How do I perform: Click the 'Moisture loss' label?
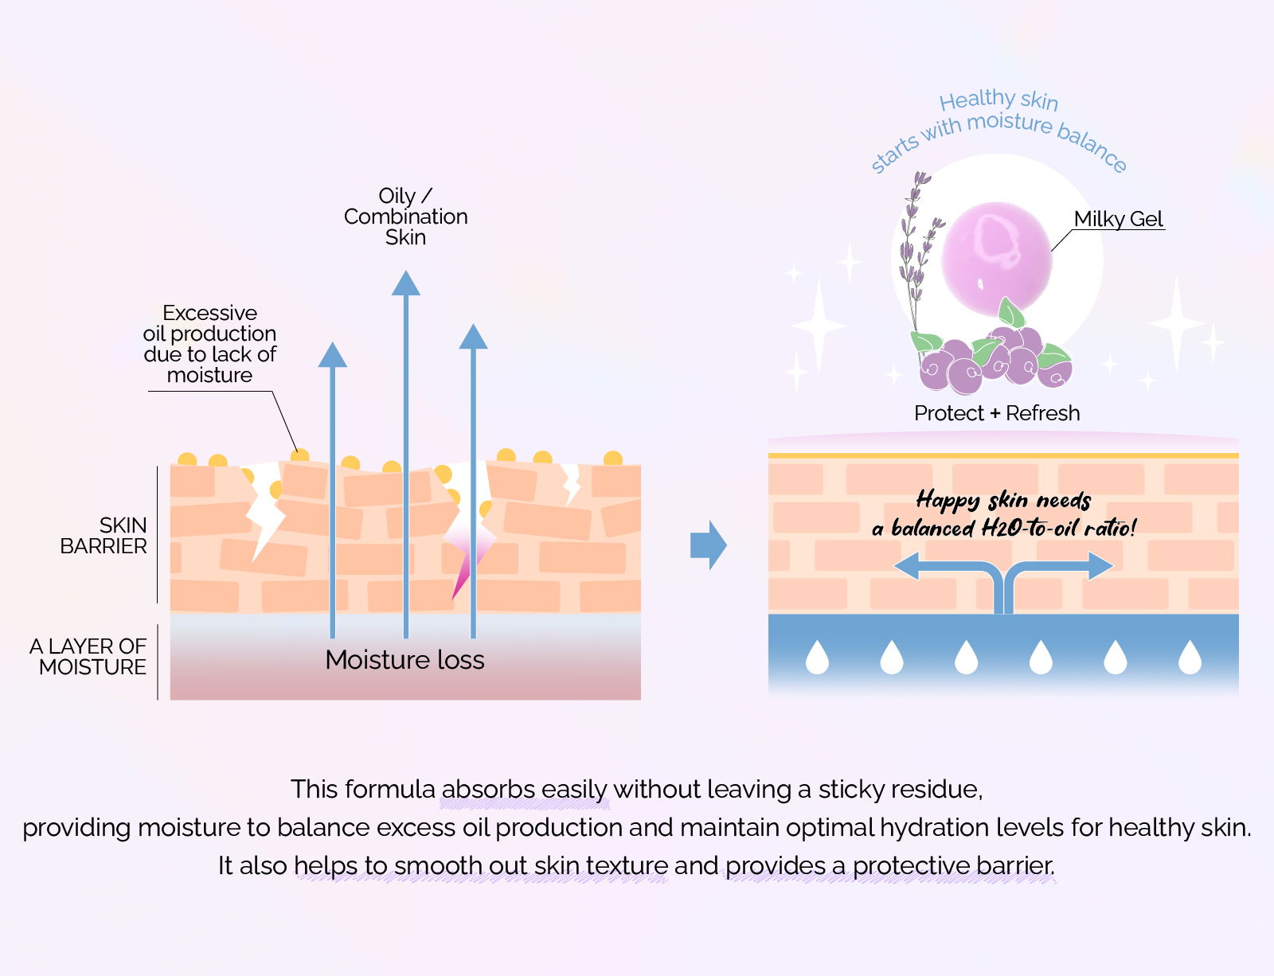[x=404, y=660]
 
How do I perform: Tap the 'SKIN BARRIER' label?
[x=104, y=535]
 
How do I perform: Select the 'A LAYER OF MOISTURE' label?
[x=88, y=657]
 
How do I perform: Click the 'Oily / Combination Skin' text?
[x=406, y=217]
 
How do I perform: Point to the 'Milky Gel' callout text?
[x=1118, y=219]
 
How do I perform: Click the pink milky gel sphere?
[x=997, y=258]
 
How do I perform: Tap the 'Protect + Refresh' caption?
[x=997, y=413]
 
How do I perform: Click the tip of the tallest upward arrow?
[x=406, y=271]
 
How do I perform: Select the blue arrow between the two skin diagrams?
[x=708, y=545]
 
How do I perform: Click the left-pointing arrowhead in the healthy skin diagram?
[x=906, y=566]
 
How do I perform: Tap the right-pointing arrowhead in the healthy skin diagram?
[x=1101, y=566]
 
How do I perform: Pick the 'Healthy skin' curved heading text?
[x=998, y=100]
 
